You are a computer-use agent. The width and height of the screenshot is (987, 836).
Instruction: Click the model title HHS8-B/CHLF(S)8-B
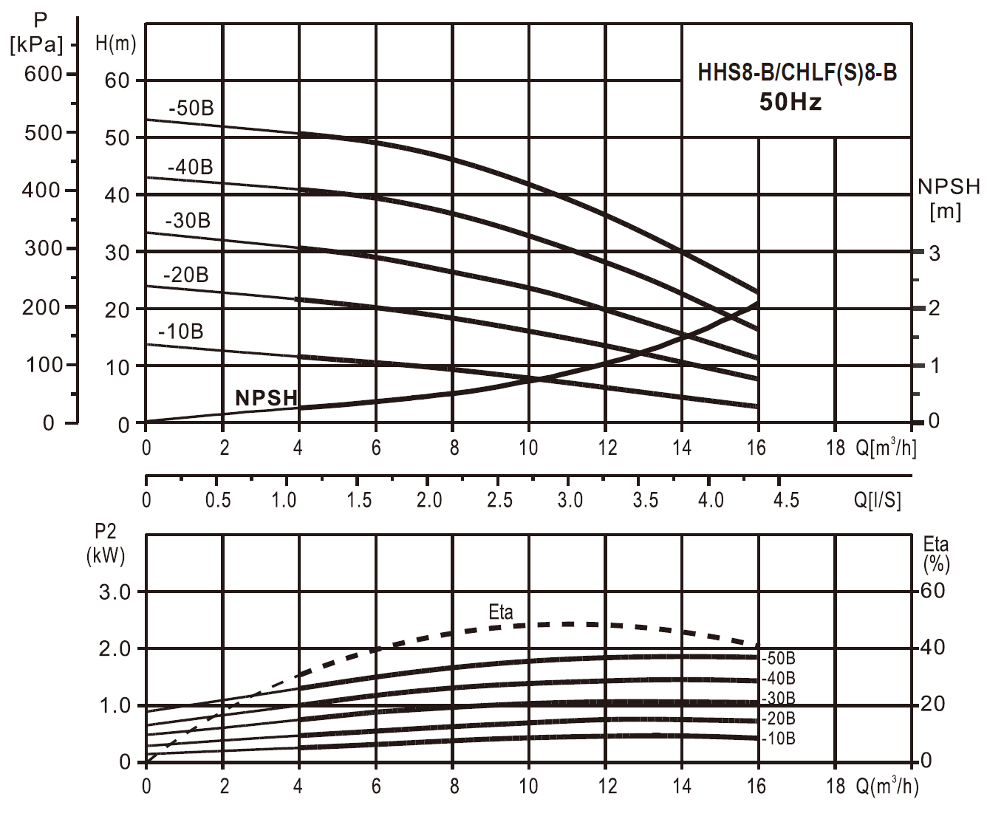796,73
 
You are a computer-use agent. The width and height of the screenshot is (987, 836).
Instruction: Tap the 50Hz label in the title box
790,102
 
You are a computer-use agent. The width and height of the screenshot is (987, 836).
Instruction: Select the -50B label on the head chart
191,109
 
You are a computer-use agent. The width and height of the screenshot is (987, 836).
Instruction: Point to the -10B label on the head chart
180,332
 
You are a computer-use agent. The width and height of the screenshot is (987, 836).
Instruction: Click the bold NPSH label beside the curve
266,398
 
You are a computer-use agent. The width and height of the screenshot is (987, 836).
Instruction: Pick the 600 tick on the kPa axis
44,74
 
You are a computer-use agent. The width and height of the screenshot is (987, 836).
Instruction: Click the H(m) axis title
116,44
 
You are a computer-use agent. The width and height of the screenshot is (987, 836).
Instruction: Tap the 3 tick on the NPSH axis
935,253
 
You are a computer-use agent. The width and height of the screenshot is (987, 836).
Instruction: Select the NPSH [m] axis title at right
948,199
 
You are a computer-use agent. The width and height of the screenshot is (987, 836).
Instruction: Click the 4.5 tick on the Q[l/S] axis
786,501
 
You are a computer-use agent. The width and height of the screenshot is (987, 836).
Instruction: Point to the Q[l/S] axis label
878,501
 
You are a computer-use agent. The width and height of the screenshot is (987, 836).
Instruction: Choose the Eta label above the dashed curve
501,612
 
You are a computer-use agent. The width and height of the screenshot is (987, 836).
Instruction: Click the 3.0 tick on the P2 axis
115,592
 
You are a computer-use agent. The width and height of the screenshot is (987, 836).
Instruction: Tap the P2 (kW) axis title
106,544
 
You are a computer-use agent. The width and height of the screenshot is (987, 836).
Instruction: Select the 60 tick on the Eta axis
932,591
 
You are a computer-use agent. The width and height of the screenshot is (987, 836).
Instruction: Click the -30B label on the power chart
779,698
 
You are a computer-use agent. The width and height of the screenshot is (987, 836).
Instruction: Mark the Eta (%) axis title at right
936,554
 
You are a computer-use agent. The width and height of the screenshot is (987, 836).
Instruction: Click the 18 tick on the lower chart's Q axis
836,786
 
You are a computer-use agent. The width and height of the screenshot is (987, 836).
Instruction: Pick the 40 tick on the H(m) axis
117,196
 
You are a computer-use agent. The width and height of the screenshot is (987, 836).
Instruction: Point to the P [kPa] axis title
37,33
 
